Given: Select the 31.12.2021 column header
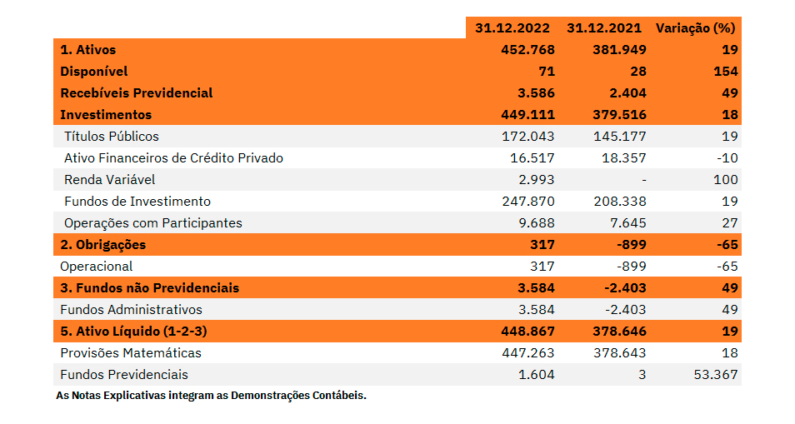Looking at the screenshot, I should (x=606, y=27).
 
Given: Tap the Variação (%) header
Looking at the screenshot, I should (x=695, y=27).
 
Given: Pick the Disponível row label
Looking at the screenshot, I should (x=94, y=72).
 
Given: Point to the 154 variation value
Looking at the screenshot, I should (x=725, y=72).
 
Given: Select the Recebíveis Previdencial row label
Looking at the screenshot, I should (x=137, y=93).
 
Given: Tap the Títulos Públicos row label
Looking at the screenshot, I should (x=111, y=137).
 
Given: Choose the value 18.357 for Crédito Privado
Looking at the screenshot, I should (x=620, y=158).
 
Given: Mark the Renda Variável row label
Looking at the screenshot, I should (x=109, y=180).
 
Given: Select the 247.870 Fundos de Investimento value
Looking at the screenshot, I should (x=527, y=202).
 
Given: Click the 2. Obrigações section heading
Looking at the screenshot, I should (x=102, y=245).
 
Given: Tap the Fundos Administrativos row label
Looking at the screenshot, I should (x=131, y=310).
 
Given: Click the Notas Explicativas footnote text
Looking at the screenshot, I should (x=211, y=396).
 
